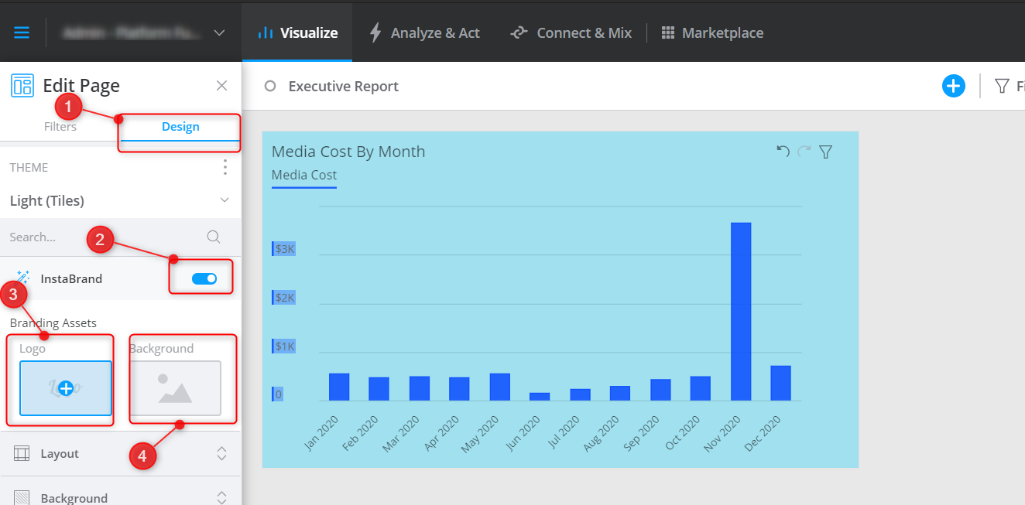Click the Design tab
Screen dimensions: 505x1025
[180, 127]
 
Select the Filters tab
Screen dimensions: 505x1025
[60, 127]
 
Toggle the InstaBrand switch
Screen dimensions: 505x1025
[204, 278]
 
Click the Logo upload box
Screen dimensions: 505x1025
[66, 388]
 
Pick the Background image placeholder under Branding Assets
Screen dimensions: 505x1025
[175, 388]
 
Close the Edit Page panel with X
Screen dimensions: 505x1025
[221, 85]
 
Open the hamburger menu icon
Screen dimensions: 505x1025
[22, 32]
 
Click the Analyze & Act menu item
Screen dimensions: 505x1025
[424, 32]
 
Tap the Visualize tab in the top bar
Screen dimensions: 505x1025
[298, 32]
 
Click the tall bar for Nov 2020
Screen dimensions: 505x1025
[741, 311]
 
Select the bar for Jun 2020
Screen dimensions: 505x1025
[540, 396]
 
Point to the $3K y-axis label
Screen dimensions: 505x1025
[284, 249]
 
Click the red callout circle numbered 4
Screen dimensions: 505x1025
[142, 456]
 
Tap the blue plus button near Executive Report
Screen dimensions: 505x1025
[954, 86]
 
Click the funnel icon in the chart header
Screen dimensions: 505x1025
[825, 152]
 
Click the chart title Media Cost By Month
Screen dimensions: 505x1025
[348, 152]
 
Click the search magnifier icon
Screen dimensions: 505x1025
[214, 237]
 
